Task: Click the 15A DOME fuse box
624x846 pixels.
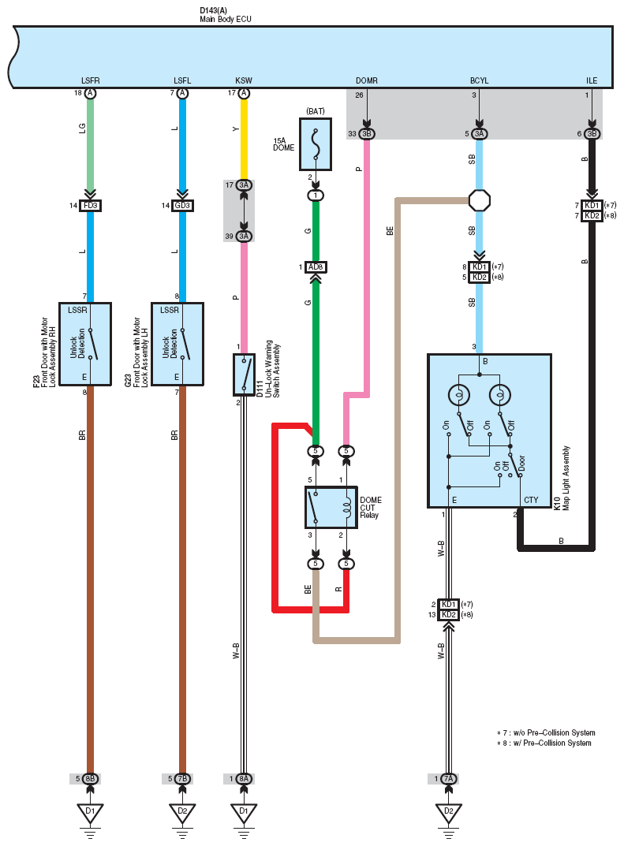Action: [x=316, y=144]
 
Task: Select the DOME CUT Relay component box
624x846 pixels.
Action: [x=331, y=507]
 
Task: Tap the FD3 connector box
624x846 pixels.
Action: [x=90, y=206]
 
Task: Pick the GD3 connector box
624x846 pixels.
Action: [x=182, y=206]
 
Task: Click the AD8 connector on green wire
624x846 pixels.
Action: [x=316, y=267]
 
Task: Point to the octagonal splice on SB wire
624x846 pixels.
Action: [x=480, y=201]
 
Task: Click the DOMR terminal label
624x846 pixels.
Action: [x=367, y=80]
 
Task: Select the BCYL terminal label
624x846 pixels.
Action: [x=480, y=80]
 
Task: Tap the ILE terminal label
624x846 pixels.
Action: [x=592, y=80]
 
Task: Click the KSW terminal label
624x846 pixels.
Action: [x=244, y=80]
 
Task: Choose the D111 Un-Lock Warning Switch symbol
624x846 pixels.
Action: [x=244, y=375]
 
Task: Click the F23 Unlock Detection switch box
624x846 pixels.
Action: [x=84, y=344]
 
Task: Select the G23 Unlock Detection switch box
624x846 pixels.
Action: [x=177, y=344]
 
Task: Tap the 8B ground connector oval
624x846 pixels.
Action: [x=90, y=778]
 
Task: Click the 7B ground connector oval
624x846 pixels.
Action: [x=182, y=778]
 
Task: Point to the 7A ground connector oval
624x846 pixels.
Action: [x=449, y=778]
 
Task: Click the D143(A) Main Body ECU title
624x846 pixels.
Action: [x=226, y=14]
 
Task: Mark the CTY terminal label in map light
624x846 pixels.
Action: [x=531, y=500]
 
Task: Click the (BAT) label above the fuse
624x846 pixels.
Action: [x=316, y=111]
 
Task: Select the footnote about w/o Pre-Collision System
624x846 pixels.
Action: [x=546, y=732]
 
